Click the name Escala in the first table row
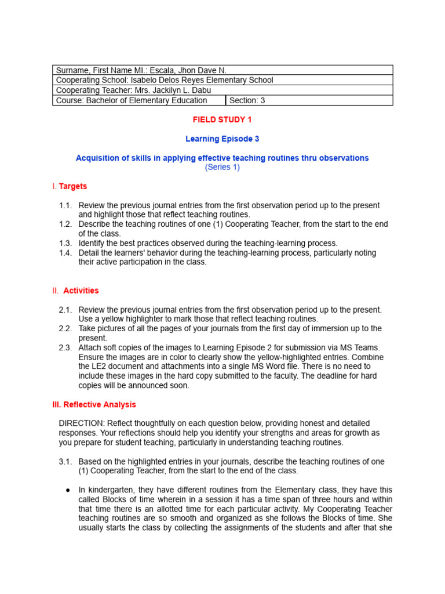coord(167,70)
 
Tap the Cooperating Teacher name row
coord(133,90)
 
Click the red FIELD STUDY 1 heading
coord(222,119)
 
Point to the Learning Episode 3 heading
coord(222,139)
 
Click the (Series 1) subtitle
coord(222,167)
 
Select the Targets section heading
coord(73,186)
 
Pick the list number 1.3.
coord(65,243)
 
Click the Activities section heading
coord(81,291)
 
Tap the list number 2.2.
coord(65,328)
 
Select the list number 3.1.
coord(65,461)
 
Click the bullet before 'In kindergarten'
coord(68,490)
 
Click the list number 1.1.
coord(65,205)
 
